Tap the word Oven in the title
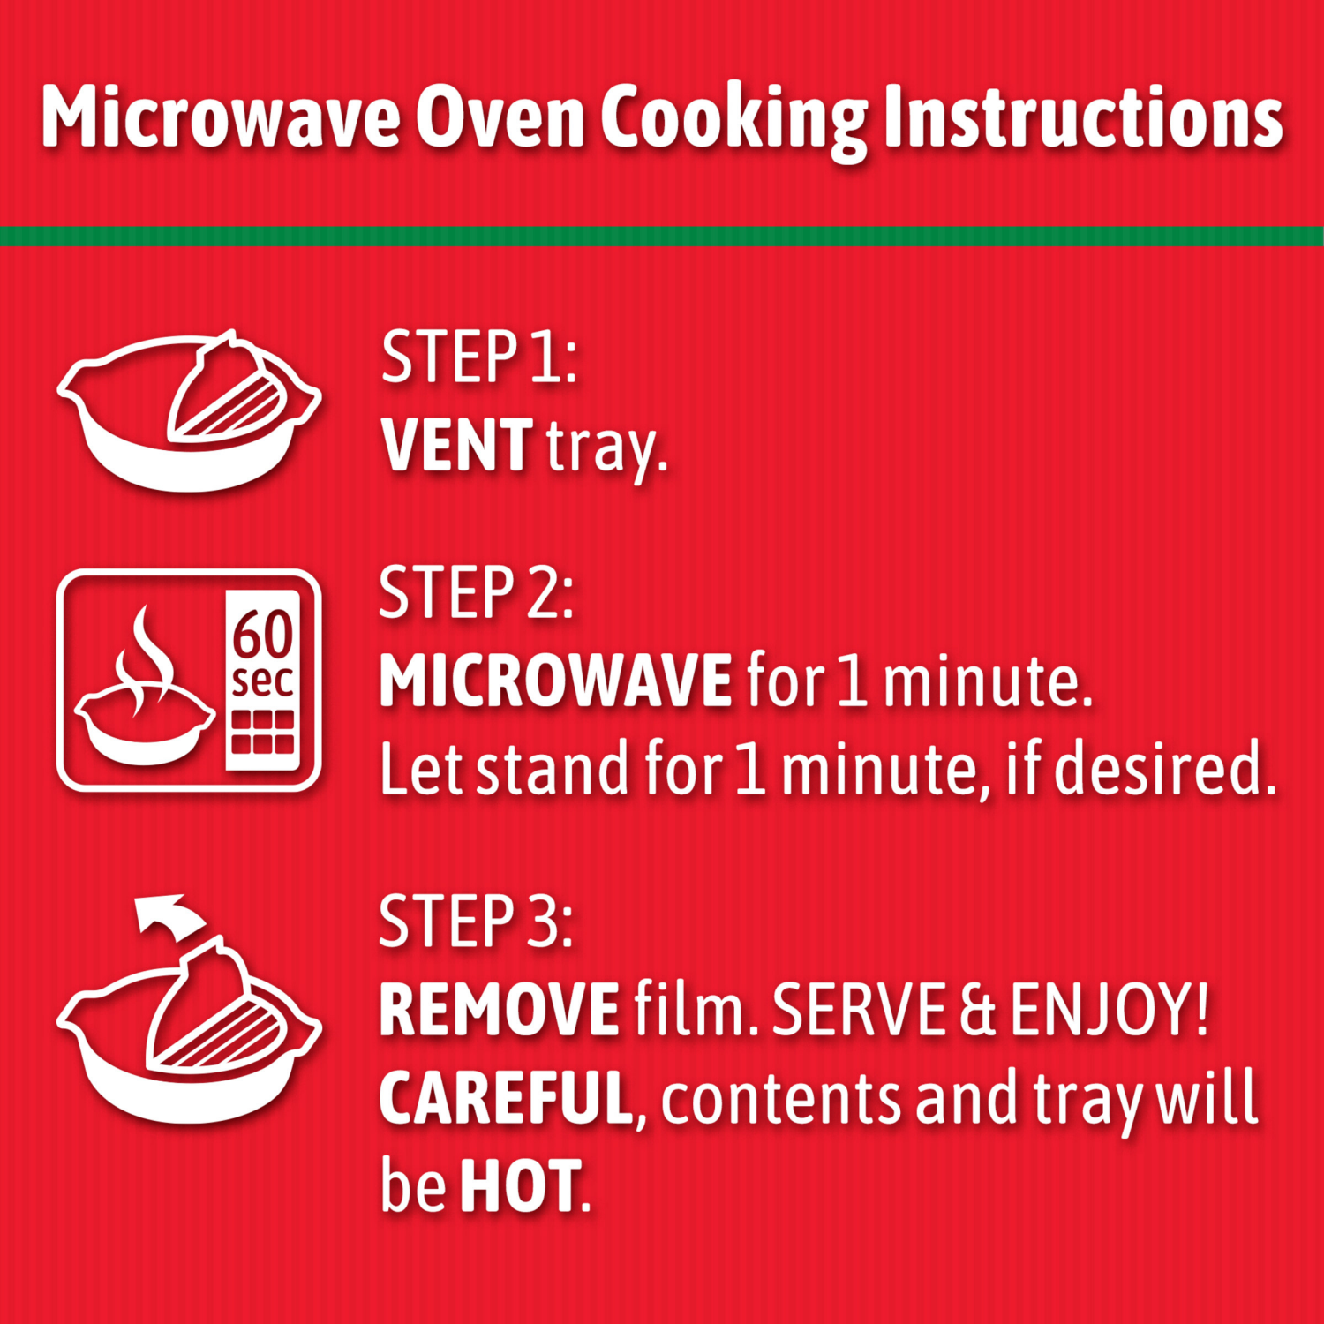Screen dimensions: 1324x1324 [500, 117]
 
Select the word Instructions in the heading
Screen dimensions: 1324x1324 [1083, 117]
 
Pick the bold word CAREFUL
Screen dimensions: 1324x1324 [506, 1098]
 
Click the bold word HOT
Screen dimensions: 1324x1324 [520, 1186]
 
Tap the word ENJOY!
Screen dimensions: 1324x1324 [1109, 1010]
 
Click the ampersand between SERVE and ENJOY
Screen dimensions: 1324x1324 [977, 1012]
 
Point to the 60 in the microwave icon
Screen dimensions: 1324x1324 [262, 634]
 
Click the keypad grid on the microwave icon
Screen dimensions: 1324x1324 [262, 732]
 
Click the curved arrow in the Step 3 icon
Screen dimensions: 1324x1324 [166, 914]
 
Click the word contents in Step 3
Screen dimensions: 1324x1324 [781, 1100]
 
